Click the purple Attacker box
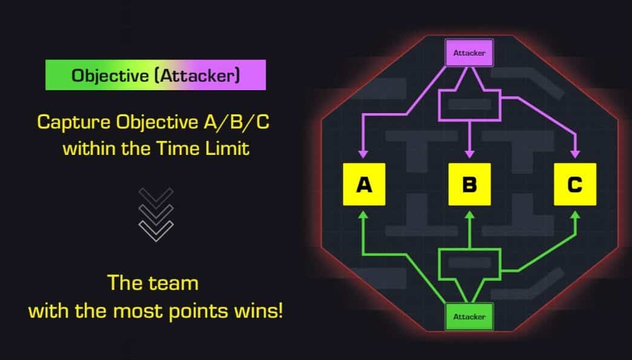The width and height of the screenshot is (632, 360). [469, 53]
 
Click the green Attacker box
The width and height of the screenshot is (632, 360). [469, 316]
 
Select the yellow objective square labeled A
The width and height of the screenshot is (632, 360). [364, 184]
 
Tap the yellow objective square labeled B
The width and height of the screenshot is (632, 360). [469, 184]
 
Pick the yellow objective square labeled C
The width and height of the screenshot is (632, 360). [575, 184]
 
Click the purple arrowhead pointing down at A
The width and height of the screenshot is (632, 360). [363, 154]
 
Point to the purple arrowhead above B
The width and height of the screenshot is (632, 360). [469, 154]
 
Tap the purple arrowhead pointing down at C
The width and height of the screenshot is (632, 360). [575, 154]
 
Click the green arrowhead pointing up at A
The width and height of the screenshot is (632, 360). [363, 215]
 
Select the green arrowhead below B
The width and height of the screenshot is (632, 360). [469, 215]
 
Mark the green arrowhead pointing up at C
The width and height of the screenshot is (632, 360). [575, 215]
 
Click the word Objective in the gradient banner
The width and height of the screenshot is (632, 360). [110, 76]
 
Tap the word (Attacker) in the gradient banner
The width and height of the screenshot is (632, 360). [198, 76]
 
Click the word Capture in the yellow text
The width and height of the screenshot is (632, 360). [74, 122]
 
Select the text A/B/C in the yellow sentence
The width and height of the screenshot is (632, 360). [236, 122]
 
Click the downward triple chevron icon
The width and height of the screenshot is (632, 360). [156, 215]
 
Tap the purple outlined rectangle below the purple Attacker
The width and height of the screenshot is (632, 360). [469, 105]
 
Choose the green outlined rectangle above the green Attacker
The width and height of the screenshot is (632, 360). [469, 264]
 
